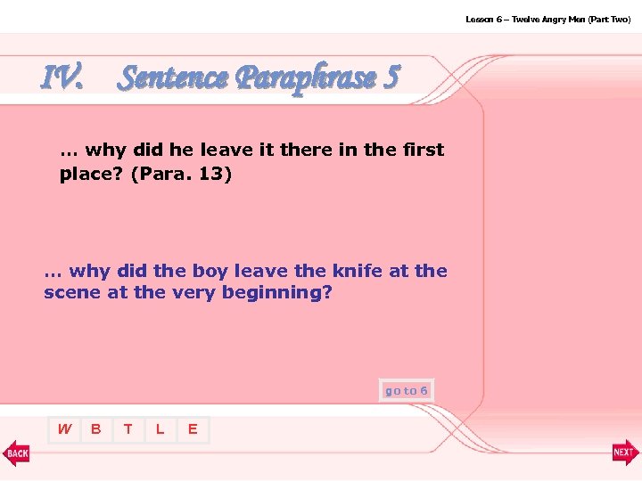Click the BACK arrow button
[x=16, y=453]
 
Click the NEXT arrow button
[x=625, y=453]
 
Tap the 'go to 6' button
[x=407, y=390]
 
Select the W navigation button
[x=64, y=429]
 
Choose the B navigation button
[x=96, y=429]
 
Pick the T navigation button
[x=128, y=429]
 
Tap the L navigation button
[x=160, y=429]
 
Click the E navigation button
[x=192, y=429]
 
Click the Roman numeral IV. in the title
[x=62, y=78]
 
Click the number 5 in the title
[x=390, y=78]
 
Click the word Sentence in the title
[x=173, y=78]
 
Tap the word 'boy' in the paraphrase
[x=204, y=270]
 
